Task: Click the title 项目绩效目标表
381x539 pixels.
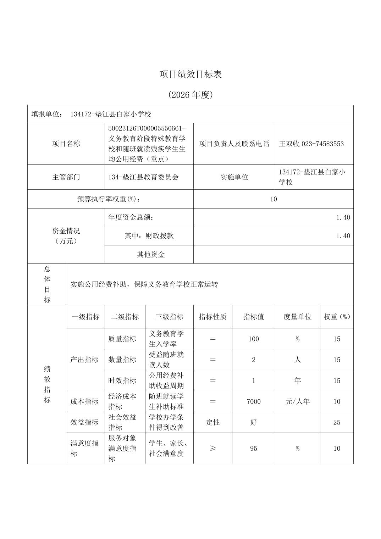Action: tap(190, 74)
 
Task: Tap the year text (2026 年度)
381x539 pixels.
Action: tap(190, 95)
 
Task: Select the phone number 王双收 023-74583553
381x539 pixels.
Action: tap(311, 144)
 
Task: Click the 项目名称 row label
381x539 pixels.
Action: tap(66, 144)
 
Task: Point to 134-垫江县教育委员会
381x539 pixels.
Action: tap(143, 177)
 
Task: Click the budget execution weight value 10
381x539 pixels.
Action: tap(273, 199)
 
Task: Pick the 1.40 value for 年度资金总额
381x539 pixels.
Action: tap(343, 217)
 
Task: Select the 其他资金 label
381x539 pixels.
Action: tap(151, 254)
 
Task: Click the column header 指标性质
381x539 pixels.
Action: tap(212, 317)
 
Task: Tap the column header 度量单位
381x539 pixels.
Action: tap(297, 317)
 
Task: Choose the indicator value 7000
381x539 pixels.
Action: tap(253, 401)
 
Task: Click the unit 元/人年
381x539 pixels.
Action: tap(297, 401)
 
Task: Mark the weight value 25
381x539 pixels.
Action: tap(336, 422)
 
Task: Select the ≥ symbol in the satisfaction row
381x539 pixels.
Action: tap(212, 448)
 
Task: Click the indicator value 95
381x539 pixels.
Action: tap(253, 448)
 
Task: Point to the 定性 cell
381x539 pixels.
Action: tap(212, 422)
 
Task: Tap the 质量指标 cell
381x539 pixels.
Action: tap(122, 339)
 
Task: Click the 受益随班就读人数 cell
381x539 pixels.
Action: tap(166, 360)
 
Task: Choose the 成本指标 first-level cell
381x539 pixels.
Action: tap(84, 401)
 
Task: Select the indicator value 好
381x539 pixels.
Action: tap(253, 422)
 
